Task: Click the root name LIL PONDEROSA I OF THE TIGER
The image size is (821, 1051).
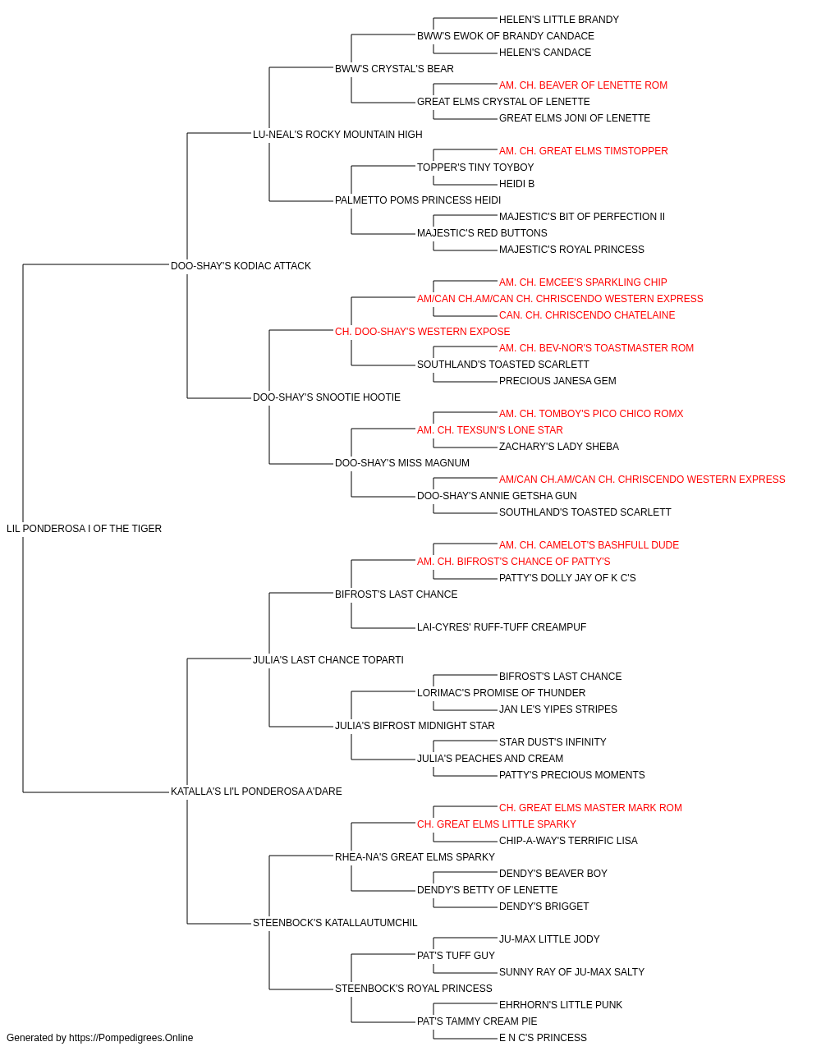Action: point(84,529)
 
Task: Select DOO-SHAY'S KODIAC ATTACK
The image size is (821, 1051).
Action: point(241,266)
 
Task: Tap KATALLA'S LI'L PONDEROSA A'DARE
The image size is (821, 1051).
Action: point(256,792)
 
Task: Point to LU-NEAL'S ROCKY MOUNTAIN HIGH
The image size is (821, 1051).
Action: point(337,135)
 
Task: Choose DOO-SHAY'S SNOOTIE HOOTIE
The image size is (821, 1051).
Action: point(327,397)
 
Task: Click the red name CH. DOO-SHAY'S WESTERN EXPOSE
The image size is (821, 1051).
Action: point(423,332)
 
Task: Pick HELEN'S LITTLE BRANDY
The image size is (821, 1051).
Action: point(559,20)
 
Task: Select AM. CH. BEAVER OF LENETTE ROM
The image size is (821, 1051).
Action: point(583,85)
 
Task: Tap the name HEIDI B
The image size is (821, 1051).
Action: point(517,184)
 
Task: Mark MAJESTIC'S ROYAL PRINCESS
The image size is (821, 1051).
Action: point(572,250)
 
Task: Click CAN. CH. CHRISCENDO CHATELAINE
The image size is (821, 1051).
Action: point(587,315)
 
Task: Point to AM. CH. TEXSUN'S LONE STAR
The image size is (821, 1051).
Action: point(490,430)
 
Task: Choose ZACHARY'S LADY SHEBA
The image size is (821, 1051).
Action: point(559,447)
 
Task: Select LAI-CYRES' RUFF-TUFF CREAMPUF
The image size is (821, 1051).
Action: point(502,627)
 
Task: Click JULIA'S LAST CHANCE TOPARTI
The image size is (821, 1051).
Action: point(328,660)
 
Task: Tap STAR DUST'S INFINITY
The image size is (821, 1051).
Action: point(553,742)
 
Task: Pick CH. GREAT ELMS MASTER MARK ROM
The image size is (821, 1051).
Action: point(591,808)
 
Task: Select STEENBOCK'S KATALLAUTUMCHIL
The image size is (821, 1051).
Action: point(335,923)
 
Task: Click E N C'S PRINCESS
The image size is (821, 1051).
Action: point(543,1038)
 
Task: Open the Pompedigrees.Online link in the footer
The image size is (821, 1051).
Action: point(131,1038)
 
